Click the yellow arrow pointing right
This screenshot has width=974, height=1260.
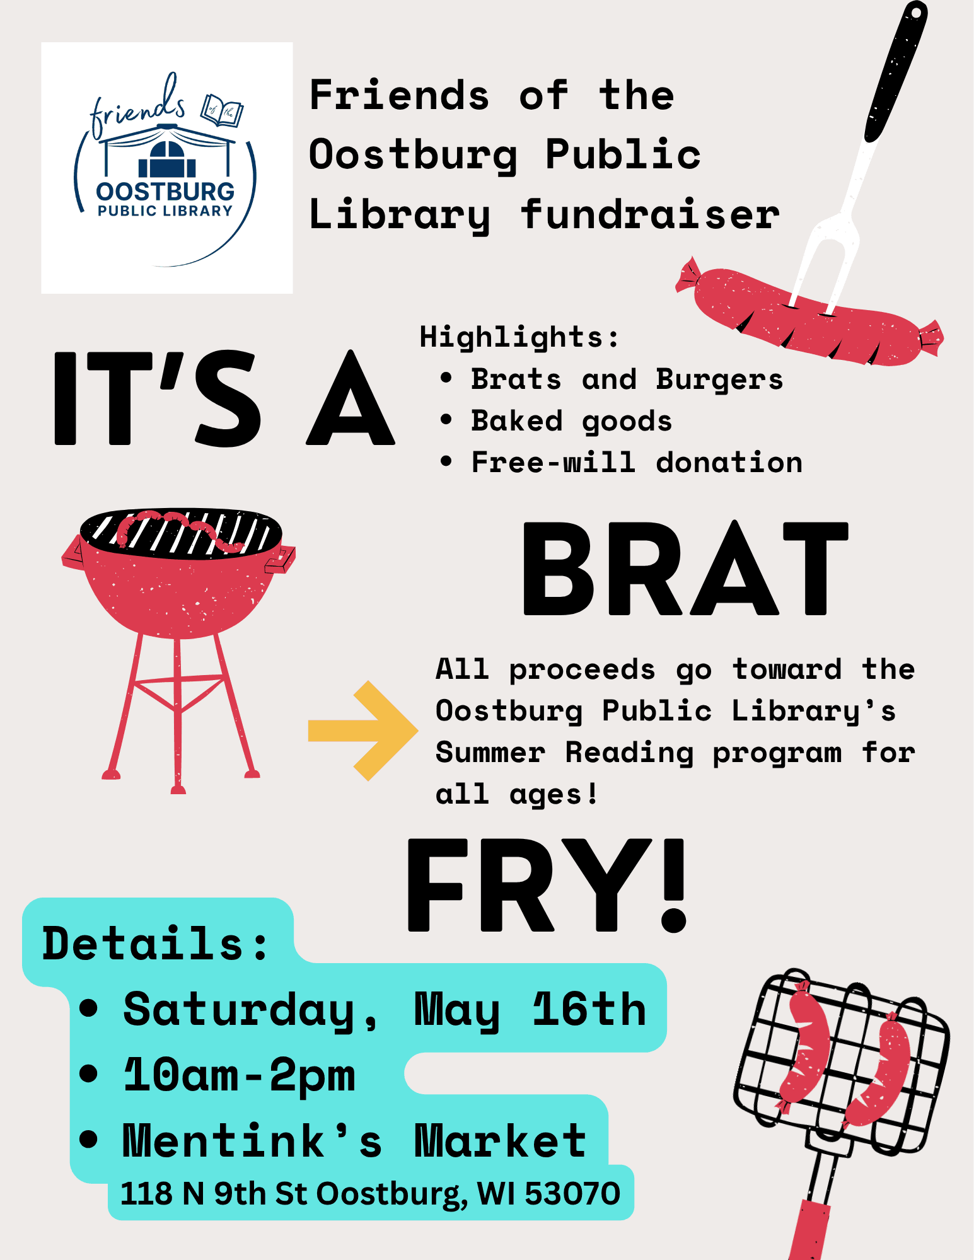(362, 730)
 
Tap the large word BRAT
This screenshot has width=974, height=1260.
(685, 569)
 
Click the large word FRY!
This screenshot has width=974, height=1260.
(546, 885)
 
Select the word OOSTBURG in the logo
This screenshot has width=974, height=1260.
(165, 192)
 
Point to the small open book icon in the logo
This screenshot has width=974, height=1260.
(222, 110)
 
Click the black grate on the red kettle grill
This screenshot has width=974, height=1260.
(181, 533)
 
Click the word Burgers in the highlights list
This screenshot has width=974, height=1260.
(719, 379)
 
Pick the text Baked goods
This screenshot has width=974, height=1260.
(571, 421)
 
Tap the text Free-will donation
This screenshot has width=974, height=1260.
(637, 463)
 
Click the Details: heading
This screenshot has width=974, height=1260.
(155, 944)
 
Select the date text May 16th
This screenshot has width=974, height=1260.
(530, 1010)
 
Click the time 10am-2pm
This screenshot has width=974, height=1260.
(240, 1075)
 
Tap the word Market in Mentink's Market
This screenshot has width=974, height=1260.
(500, 1141)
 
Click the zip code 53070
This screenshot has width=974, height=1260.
(572, 1193)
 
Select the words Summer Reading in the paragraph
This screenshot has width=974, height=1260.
(564, 753)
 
